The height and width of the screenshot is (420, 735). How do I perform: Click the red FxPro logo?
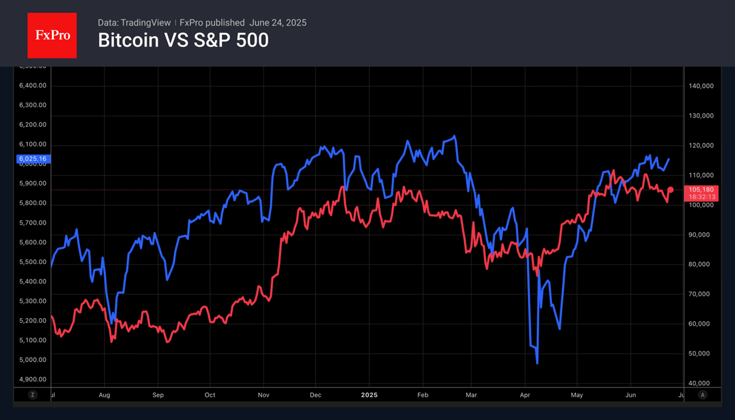pyautogui.click(x=52, y=36)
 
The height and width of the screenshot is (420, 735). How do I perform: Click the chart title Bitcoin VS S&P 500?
pyautogui.click(x=183, y=41)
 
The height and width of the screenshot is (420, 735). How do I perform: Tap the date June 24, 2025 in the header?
pyautogui.click(x=278, y=23)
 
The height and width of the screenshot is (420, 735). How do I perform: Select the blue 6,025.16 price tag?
pyautogui.click(x=33, y=159)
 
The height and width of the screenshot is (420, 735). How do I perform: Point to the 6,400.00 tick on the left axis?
pyautogui.click(x=33, y=85)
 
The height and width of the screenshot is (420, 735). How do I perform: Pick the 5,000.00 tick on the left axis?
pyautogui.click(x=33, y=360)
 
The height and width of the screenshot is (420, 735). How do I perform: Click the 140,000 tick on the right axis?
pyautogui.click(x=701, y=86)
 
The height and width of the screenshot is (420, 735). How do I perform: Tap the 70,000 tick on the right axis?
pyautogui.click(x=701, y=294)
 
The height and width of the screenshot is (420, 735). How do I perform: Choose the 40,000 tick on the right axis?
pyautogui.click(x=701, y=383)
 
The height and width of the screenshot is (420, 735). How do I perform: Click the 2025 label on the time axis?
pyautogui.click(x=369, y=395)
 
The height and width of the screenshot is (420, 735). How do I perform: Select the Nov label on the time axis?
pyautogui.click(x=263, y=395)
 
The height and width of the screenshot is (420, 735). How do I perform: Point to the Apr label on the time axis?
pyautogui.click(x=524, y=395)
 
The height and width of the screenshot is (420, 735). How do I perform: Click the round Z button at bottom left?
pyautogui.click(x=33, y=395)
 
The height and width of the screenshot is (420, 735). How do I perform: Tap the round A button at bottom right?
pyautogui.click(x=702, y=395)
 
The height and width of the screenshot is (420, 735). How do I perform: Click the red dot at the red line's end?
pyautogui.click(x=671, y=190)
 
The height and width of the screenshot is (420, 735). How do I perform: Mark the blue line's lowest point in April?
pyautogui.click(x=537, y=363)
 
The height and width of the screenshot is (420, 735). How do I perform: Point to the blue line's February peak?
pyautogui.click(x=454, y=136)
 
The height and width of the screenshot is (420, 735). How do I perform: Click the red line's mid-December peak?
pyautogui.click(x=342, y=187)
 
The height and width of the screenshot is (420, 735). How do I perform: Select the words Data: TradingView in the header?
pyautogui.click(x=134, y=23)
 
